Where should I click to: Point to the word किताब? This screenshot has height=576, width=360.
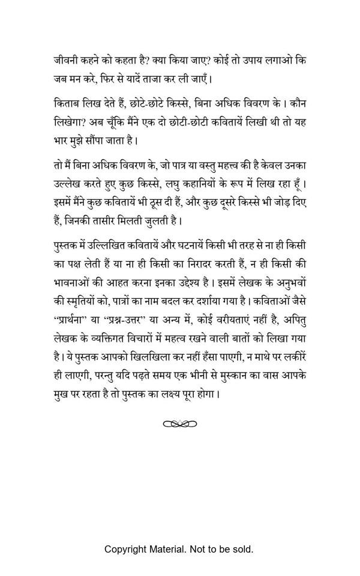coord(68,104)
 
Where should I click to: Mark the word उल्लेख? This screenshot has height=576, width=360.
coord(70,185)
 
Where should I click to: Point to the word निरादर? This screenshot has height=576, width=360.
coord(187,265)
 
